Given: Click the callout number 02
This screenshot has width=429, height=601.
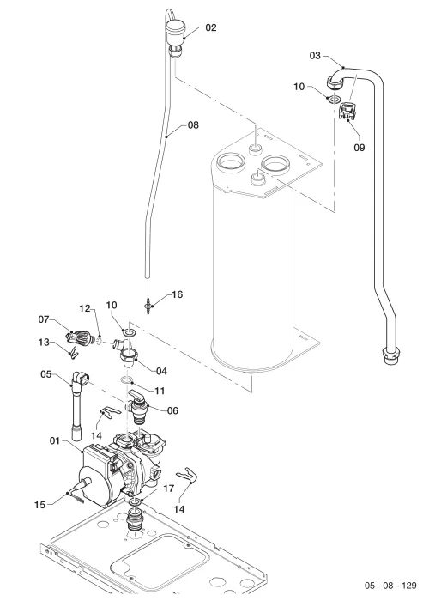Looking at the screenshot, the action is (211, 27).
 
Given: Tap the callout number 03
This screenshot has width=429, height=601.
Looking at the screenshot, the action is (315, 56).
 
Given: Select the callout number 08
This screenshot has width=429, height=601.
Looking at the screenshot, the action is (193, 125).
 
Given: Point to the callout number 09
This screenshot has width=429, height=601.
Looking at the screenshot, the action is (359, 148).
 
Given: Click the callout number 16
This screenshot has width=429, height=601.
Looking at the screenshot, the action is (178, 294).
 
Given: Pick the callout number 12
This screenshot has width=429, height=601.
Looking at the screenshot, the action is (85, 308).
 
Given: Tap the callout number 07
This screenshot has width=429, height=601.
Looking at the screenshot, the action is (44, 319).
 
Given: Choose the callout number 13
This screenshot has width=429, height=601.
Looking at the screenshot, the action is (44, 342).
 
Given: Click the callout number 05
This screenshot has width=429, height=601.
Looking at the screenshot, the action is (46, 374).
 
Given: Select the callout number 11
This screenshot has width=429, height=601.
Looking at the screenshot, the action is (160, 391).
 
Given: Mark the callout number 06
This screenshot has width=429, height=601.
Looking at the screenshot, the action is (172, 411).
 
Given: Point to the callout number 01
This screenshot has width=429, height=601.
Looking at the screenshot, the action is (55, 441).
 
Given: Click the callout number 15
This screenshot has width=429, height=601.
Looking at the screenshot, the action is (39, 505).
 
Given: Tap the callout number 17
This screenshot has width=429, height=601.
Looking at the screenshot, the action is (169, 489).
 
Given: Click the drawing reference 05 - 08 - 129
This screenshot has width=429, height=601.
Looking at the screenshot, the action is (390, 586).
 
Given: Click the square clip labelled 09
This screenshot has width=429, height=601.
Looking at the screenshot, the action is (347, 110).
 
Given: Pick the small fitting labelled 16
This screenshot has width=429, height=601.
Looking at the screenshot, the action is (148, 306).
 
